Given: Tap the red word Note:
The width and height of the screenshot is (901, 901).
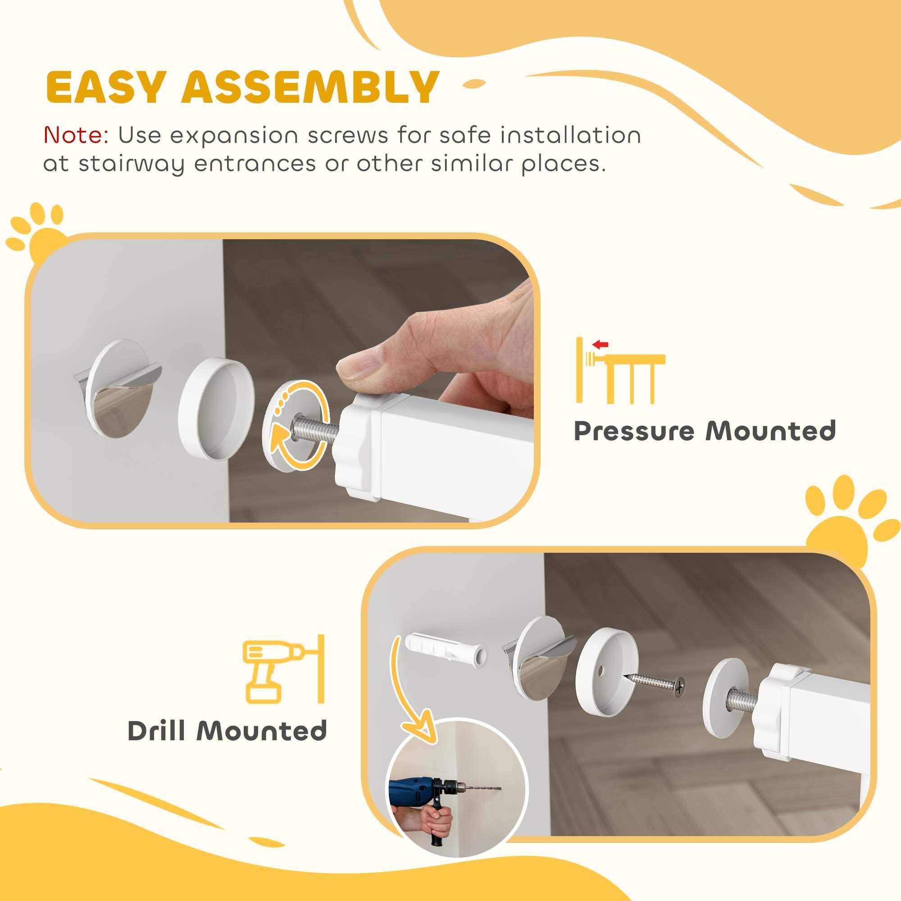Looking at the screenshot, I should [x=76, y=136].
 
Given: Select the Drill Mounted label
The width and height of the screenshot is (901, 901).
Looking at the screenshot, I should [x=227, y=731].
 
